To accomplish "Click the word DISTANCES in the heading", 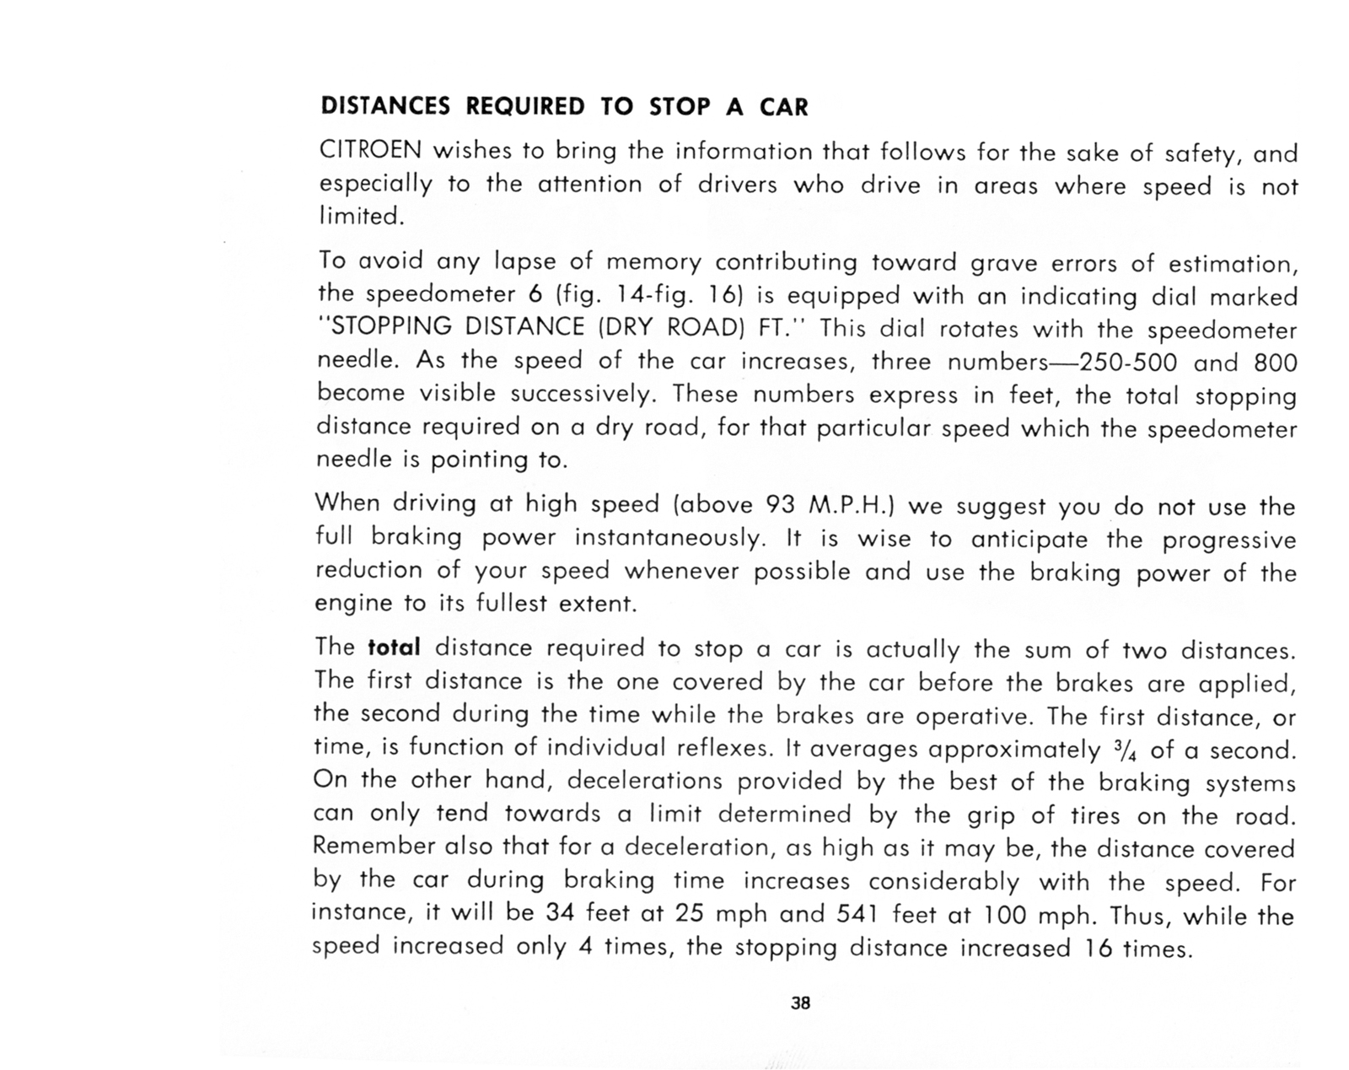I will (x=385, y=107).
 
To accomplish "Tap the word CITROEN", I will (x=369, y=151).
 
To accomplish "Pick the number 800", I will (x=1275, y=363).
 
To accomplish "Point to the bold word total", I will (x=394, y=648).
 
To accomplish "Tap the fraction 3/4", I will (x=1118, y=750).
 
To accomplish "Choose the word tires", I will (x=1095, y=815).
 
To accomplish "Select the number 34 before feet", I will (x=560, y=913).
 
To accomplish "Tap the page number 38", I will (x=800, y=1003).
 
